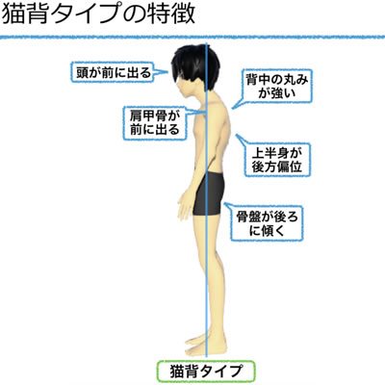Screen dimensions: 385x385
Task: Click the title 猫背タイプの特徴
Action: [x=98, y=14]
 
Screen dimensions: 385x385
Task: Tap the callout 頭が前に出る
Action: [x=114, y=73]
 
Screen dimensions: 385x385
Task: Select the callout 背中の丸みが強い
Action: [x=276, y=86]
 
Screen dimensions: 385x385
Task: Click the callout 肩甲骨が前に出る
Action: [x=155, y=123]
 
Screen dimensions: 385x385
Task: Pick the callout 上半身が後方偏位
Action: [x=277, y=160]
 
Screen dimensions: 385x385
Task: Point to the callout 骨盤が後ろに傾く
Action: [x=268, y=223]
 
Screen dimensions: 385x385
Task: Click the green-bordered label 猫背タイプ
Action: [x=206, y=372]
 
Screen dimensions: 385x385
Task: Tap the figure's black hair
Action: [x=195, y=65]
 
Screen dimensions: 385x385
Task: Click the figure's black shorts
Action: [x=209, y=193]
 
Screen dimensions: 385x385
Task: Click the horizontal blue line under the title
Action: [x=192, y=37]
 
